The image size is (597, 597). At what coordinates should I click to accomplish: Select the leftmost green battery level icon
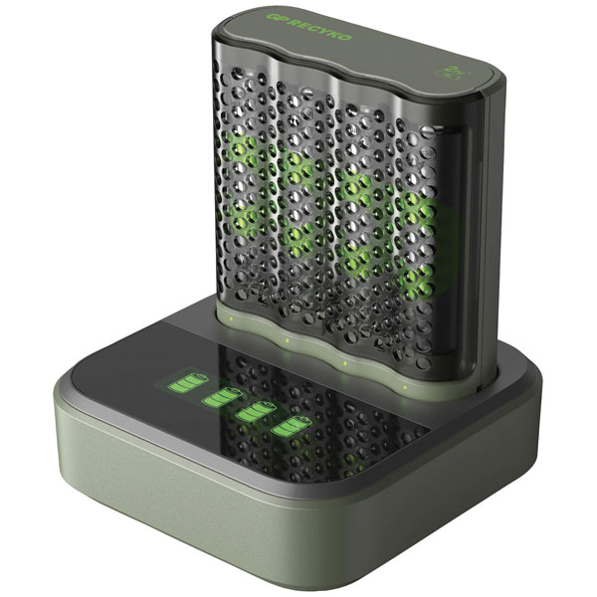[186, 381]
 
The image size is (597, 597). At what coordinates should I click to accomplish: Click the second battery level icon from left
[222, 397]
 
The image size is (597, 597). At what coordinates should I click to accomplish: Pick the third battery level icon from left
[256, 412]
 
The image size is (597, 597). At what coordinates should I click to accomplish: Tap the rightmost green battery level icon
[292, 428]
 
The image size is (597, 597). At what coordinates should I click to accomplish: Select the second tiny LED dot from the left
[287, 339]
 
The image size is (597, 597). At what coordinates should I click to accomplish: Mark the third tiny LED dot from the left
[344, 362]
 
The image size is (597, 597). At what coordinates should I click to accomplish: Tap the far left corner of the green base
[62, 383]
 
